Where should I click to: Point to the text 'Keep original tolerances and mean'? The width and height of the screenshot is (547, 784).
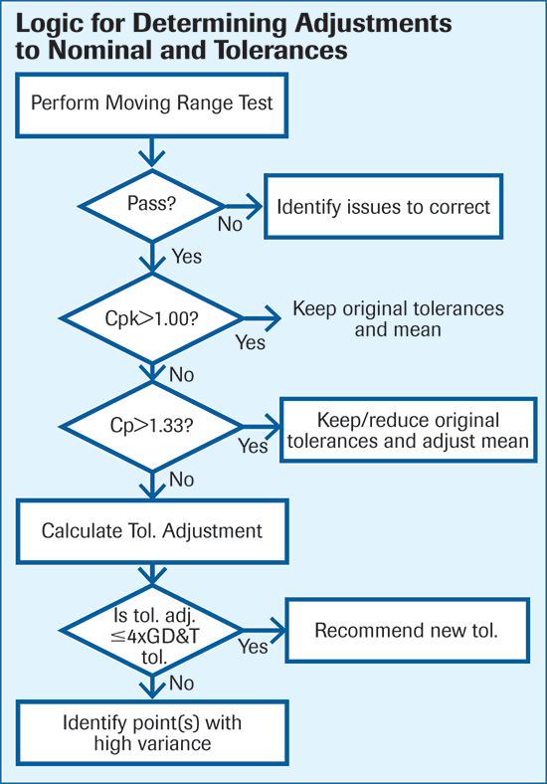(398, 319)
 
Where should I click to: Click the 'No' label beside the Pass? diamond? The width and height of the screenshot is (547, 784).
(230, 225)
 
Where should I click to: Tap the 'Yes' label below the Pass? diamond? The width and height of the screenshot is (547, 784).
(187, 257)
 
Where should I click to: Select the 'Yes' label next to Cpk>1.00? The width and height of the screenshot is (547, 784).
(251, 343)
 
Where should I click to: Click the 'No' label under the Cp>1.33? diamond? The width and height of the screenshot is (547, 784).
(181, 480)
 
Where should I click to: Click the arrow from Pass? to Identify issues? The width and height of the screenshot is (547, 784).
(244, 206)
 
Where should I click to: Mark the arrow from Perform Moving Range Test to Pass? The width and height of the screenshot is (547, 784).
(151, 152)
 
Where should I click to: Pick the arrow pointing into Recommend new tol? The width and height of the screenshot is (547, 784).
(264, 630)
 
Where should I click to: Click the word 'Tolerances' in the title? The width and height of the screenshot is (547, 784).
(281, 50)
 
